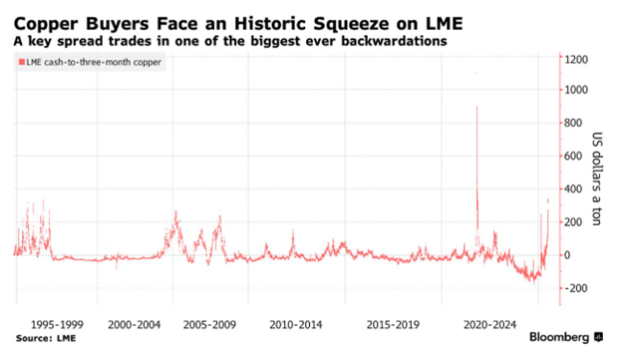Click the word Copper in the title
click(x=46, y=24)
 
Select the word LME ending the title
click(x=445, y=23)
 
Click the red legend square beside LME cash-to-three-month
click(x=22, y=62)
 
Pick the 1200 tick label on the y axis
click(x=576, y=60)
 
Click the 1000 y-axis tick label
click(x=576, y=90)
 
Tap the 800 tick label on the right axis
click(x=573, y=123)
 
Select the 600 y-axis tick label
click(x=573, y=156)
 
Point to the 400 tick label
click(x=573, y=188)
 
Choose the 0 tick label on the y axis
click(x=567, y=255)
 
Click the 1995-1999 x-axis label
click(x=57, y=325)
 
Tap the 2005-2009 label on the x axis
click(x=209, y=325)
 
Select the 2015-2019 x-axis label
click(x=393, y=325)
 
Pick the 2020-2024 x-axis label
click(x=489, y=325)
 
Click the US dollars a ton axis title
click(x=597, y=179)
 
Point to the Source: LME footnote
click(x=46, y=338)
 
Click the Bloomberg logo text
click(x=559, y=337)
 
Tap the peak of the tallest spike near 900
click(x=476, y=107)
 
